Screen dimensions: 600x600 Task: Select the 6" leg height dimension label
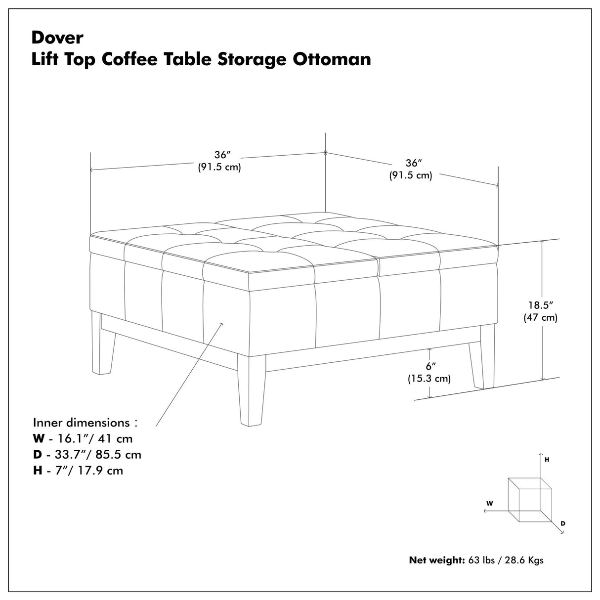tap(430, 367)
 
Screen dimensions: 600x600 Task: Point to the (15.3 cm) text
tap(429, 379)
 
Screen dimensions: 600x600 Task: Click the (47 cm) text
tap(540, 318)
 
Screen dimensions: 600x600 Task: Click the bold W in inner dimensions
tap(39, 438)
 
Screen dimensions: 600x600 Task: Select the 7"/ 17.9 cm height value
tap(85, 470)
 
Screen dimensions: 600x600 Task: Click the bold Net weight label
tap(436, 560)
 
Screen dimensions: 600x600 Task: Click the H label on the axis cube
tap(547, 460)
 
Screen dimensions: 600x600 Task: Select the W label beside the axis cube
tap(489, 503)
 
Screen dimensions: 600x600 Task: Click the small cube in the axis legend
tap(529, 499)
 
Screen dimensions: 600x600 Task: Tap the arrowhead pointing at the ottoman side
tap(221, 324)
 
